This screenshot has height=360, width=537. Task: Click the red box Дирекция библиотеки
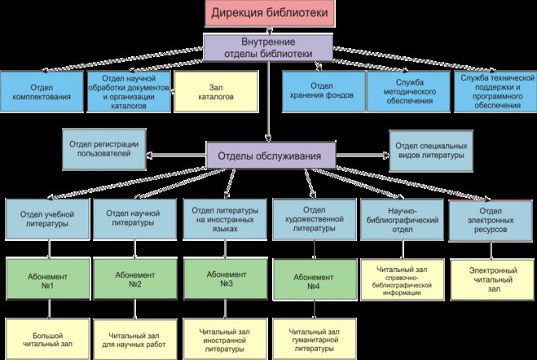(269, 14)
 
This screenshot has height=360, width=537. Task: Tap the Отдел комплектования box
(41, 91)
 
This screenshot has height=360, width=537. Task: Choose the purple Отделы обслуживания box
(270, 155)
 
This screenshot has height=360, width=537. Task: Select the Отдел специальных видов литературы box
(429, 150)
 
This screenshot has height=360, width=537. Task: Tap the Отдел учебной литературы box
(46, 218)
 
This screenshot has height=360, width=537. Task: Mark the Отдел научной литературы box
(133, 218)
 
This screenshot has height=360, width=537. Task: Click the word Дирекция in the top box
(241, 14)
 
